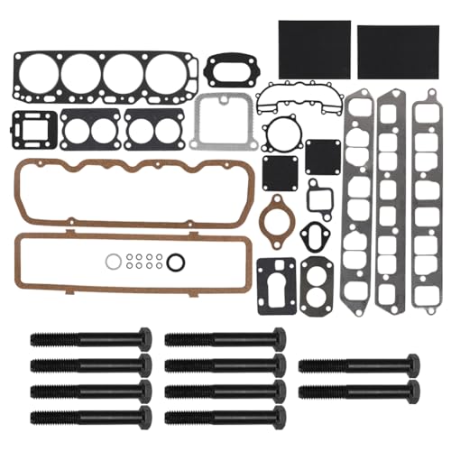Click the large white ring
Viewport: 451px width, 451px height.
(111, 262)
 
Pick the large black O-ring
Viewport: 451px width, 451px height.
(177, 262)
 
